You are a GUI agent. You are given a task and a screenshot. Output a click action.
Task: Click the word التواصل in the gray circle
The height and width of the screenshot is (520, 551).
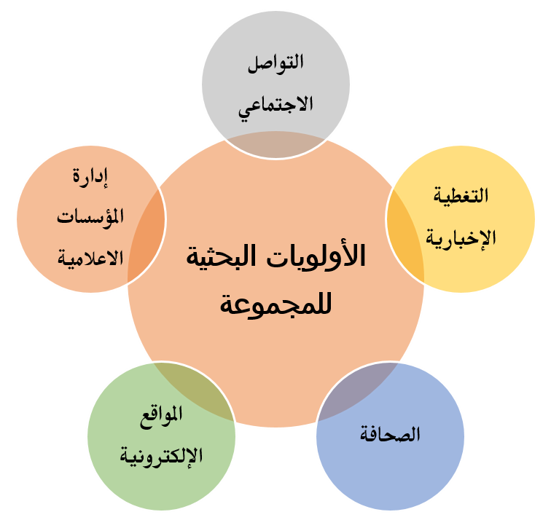point(275,63)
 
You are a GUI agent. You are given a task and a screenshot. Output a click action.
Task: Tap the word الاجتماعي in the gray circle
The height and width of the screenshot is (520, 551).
point(275,106)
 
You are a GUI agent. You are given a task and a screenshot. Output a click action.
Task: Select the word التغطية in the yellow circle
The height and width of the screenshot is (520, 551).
point(461,195)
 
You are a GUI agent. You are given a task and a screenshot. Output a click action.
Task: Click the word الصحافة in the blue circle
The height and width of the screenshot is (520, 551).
point(390,434)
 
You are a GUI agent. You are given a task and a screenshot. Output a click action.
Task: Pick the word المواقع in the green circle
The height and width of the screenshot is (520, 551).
point(161,416)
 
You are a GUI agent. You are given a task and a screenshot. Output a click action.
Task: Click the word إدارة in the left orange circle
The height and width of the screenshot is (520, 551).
point(90,177)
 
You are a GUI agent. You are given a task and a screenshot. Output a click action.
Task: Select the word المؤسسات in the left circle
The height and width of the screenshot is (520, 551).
point(90,217)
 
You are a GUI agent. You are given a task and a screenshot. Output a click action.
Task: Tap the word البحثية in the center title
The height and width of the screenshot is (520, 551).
point(222,255)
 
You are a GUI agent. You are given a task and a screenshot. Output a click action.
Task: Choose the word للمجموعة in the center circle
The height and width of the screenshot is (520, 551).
point(275,304)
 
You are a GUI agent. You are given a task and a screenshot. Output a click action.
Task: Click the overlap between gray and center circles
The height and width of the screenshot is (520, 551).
point(275,146)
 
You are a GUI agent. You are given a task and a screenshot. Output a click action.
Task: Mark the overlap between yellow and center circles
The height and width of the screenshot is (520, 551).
point(406,236)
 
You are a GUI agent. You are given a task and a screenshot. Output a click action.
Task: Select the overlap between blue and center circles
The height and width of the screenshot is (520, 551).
point(355,390)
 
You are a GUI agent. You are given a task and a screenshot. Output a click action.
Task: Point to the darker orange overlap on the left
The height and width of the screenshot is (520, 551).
point(146,236)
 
